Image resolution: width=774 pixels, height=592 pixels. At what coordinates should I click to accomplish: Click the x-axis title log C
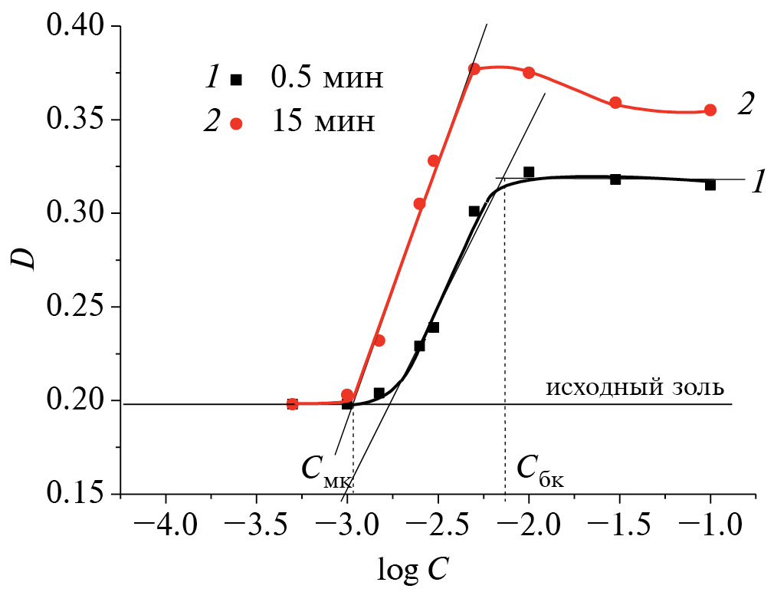(x=413, y=568)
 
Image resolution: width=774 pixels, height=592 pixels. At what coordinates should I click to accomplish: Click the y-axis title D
(x=26, y=258)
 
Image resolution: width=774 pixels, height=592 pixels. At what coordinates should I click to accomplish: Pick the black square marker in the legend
(x=237, y=79)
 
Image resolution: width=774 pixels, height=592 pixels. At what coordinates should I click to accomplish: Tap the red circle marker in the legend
(x=237, y=124)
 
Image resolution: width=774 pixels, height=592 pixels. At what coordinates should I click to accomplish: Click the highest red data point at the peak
(x=474, y=69)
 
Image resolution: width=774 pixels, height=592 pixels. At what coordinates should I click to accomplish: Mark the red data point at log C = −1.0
(x=710, y=110)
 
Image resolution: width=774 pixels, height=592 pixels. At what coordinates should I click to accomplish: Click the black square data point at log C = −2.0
(x=529, y=172)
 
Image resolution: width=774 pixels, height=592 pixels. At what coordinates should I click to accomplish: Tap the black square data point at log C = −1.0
(x=710, y=185)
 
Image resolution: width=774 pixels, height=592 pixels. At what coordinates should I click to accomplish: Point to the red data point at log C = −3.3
(x=292, y=404)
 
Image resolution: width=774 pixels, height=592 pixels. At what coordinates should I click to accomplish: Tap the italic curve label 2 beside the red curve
(x=746, y=105)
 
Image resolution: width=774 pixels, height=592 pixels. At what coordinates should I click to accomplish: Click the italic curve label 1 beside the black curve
(x=758, y=183)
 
